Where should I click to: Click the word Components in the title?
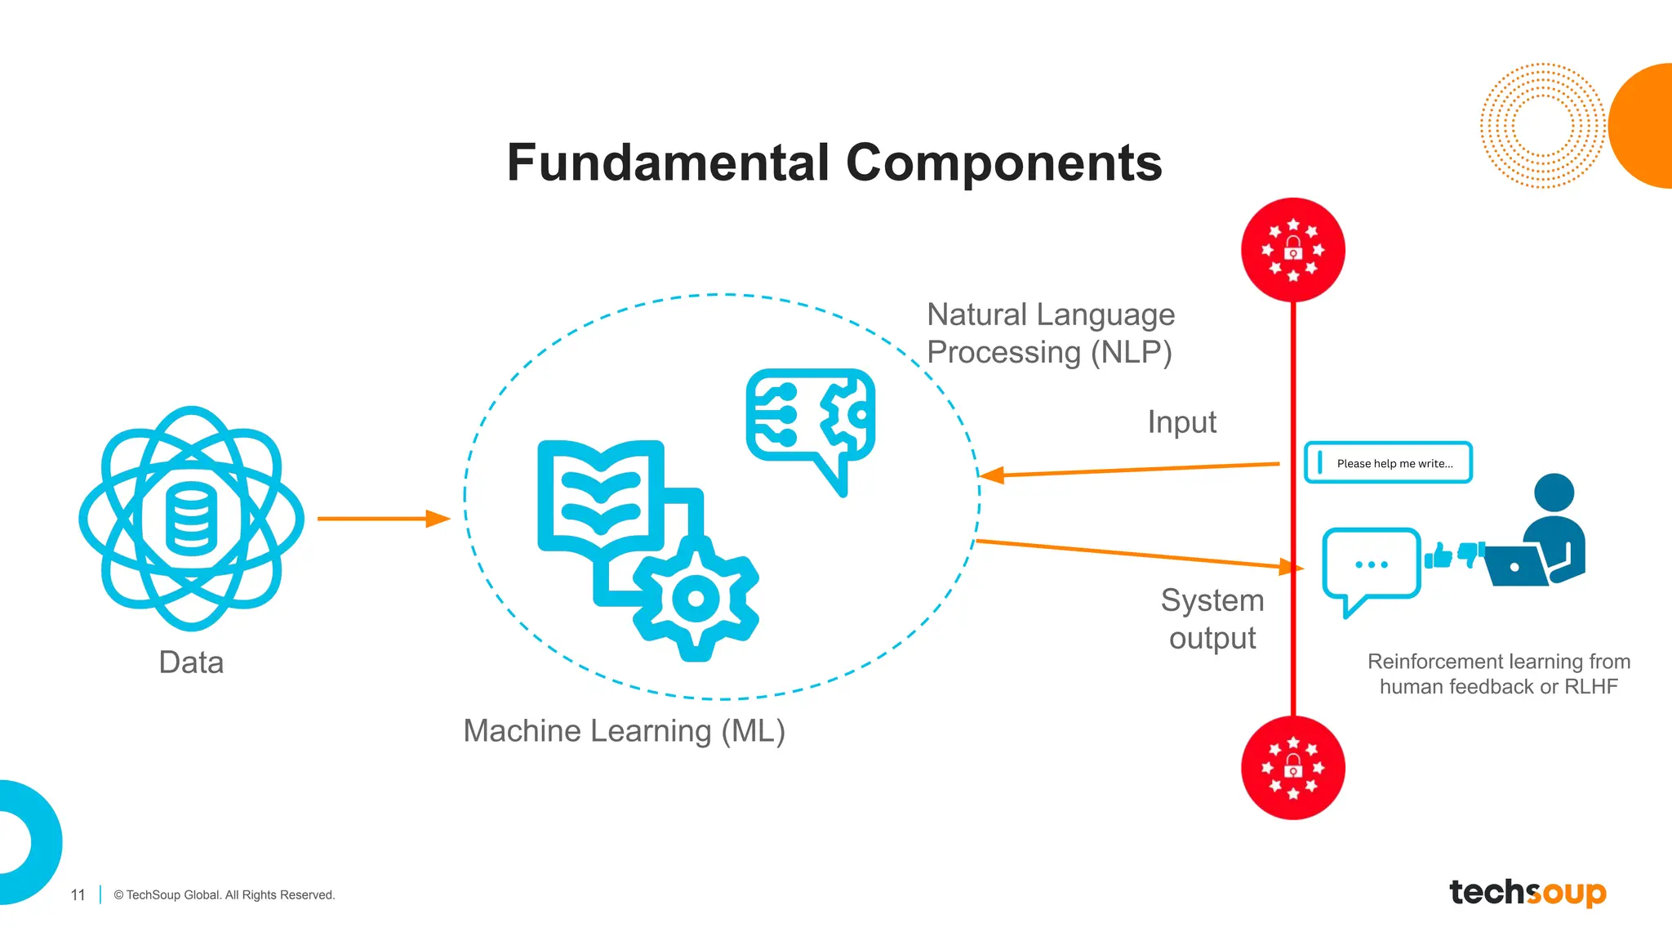[x=1003, y=163]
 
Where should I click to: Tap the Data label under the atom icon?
[x=191, y=662]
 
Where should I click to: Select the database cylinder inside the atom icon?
[x=192, y=518]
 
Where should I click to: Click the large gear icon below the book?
[x=696, y=599]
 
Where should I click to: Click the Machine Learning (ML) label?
[x=624, y=730]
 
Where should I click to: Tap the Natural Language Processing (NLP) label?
[x=1051, y=333]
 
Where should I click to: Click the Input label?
[x=1181, y=422]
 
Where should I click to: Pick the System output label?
[x=1212, y=619]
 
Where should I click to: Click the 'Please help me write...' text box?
[x=1388, y=463]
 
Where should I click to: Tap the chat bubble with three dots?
[x=1371, y=565]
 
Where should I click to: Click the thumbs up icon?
[x=1439, y=556]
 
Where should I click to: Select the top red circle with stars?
[x=1292, y=250]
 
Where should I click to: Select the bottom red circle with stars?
[x=1292, y=768]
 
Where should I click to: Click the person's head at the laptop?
[x=1554, y=493]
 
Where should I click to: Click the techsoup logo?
[x=1527, y=892]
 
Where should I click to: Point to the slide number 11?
[x=78, y=895]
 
